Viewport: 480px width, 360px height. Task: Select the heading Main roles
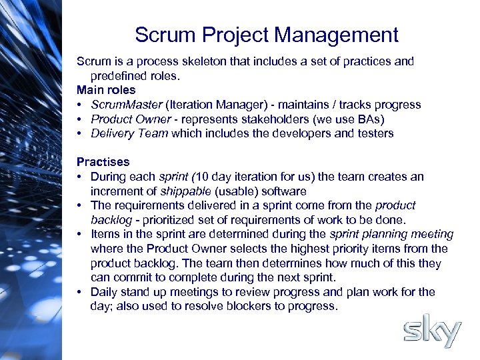pyautogui.click(x=106, y=90)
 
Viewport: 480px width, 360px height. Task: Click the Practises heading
pyautogui.click(x=103, y=162)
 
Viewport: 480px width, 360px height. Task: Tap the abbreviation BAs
pyautogui.click(x=368, y=119)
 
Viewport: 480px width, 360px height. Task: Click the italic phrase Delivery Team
pyautogui.click(x=129, y=133)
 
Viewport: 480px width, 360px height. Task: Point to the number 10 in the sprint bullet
pyautogui.click(x=202, y=177)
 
